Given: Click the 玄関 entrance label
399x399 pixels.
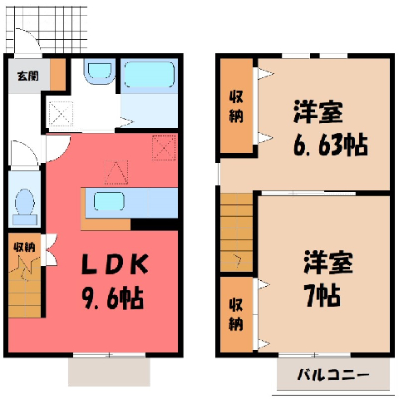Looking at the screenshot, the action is click(28, 76).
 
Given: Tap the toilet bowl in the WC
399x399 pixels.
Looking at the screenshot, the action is click(25, 202).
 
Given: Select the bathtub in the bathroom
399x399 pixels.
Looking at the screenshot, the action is click(149, 74).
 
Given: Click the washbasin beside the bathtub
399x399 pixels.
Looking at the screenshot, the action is click(100, 71).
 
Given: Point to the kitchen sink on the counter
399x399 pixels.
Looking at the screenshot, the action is click(109, 201).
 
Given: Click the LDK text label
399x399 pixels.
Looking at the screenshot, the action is click(115, 264).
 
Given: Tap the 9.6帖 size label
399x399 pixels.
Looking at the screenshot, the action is click(113, 298).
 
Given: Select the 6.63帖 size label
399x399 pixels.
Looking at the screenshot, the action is click(331, 145).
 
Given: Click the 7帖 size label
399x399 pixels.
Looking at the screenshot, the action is click(322, 295).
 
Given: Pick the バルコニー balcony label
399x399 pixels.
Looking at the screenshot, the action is click(333, 375).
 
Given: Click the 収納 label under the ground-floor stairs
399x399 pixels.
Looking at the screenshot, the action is click(25, 247).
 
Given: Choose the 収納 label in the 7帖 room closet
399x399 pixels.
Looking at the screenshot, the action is click(236, 314).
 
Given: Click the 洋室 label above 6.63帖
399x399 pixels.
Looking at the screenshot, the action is click(318, 112).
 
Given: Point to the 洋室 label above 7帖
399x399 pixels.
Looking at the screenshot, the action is click(328, 263).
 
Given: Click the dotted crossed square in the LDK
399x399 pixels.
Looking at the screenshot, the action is click(164, 148).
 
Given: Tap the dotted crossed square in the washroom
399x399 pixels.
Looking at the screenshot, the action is click(61, 114).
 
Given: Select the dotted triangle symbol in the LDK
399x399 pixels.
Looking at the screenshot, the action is click(116, 172).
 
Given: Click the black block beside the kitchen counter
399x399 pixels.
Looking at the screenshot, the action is click(154, 224).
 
